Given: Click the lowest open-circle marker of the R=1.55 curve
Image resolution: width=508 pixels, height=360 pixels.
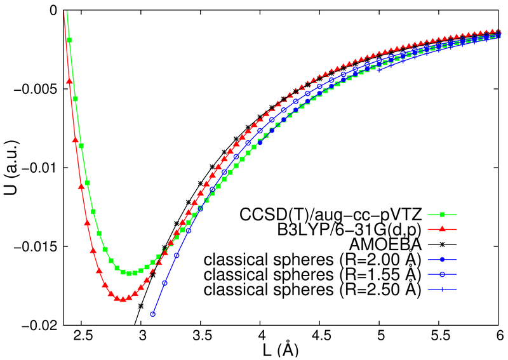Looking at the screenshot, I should click(153, 314).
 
